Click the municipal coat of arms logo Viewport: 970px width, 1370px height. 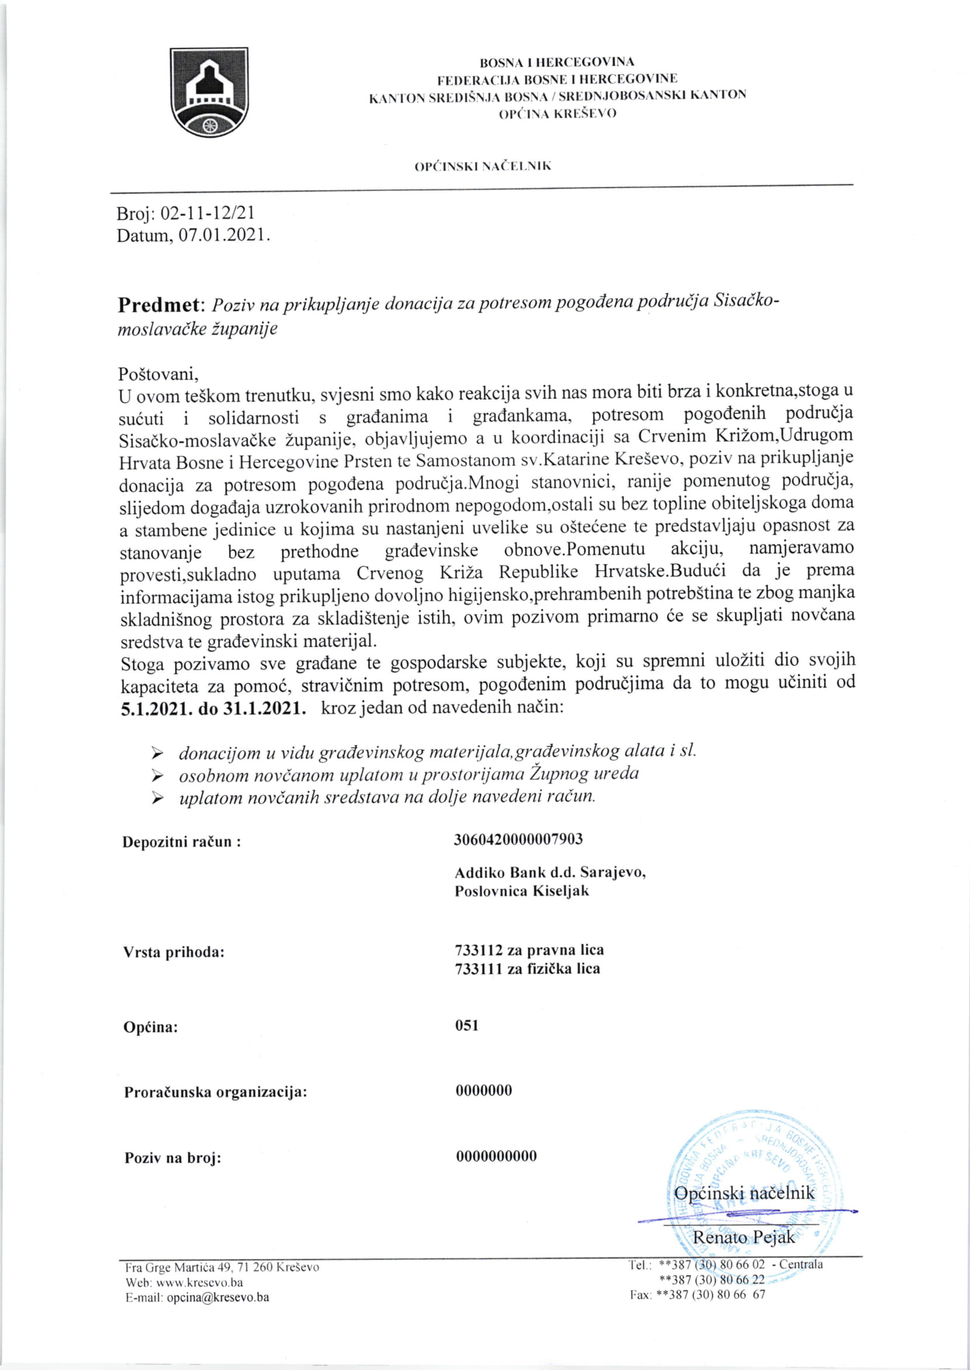pyautogui.click(x=209, y=92)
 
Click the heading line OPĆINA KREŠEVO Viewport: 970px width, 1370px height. pyautogui.click(x=557, y=113)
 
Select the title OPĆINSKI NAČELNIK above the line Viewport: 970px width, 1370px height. pyautogui.click(x=483, y=167)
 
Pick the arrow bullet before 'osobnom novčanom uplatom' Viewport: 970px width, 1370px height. pyautogui.click(x=157, y=775)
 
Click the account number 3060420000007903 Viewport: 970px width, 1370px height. pyautogui.click(x=518, y=839)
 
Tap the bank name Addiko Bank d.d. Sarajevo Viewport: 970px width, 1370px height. pyautogui.click(x=549, y=872)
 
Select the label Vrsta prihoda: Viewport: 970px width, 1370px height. pyautogui.click(x=173, y=952)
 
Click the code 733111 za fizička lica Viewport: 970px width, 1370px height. pyautogui.click(x=527, y=969)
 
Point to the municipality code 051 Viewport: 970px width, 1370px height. pyautogui.click(x=466, y=1025)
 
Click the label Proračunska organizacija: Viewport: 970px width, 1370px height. pyautogui.click(x=215, y=1092)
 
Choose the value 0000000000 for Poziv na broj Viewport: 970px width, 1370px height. pyautogui.click(x=496, y=1156)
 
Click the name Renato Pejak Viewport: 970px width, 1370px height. pyautogui.click(x=743, y=1237)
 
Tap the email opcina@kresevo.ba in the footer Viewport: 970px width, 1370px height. pyautogui.click(x=217, y=1297)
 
